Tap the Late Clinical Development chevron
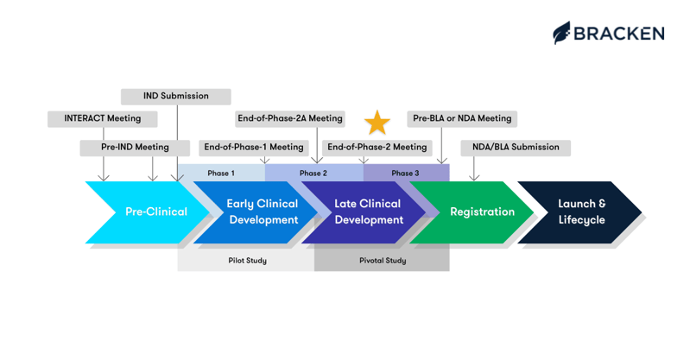point(367,212)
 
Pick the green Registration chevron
point(480,212)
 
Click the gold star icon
point(377,123)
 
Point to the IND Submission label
point(175,96)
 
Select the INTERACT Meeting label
point(102,118)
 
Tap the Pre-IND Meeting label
point(135,148)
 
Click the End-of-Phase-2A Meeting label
point(289,118)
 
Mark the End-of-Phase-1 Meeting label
point(254,148)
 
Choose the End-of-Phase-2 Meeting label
point(377,148)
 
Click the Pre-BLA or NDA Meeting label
point(461,118)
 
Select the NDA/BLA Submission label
point(515,148)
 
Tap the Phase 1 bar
point(220,174)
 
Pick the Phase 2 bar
point(313,174)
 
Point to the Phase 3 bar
point(405,174)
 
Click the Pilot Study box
point(248,260)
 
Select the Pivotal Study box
point(382,260)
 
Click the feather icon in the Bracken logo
point(562,33)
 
